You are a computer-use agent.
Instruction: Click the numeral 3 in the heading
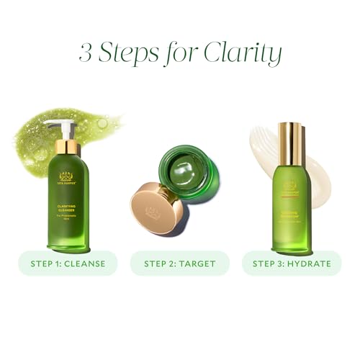[x=86, y=54]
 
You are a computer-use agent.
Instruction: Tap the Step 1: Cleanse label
[x=68, y=263]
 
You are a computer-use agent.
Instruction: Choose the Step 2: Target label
[x=180, y=263]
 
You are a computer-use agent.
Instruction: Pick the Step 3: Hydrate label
[x=291, y=263]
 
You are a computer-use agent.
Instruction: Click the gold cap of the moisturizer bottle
[x=290, y=144]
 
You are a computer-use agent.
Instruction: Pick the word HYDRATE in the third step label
[x=310, y=263]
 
